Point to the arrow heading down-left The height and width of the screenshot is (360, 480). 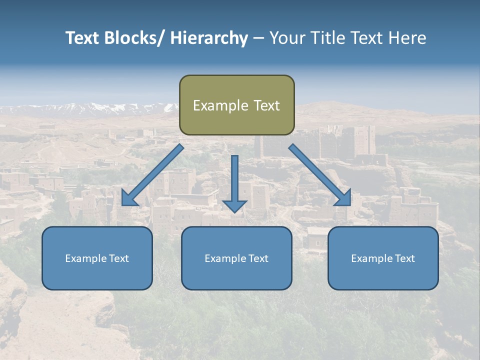153,175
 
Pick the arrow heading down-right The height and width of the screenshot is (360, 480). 320,175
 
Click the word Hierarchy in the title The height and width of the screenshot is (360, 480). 209,38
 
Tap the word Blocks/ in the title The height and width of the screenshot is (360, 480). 133,38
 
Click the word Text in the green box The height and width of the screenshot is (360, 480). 266,105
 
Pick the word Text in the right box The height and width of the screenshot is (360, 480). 404,258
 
